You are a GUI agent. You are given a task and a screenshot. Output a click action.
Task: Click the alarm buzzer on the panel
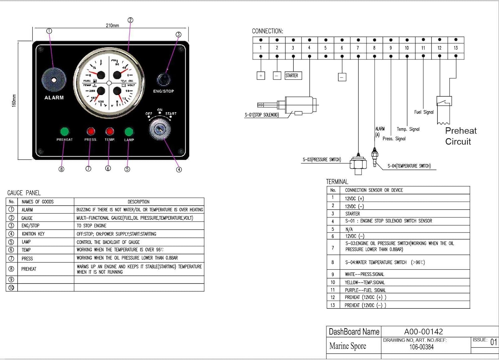coord(54,80)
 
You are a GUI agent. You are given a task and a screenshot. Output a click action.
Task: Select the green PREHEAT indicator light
coord(65,131)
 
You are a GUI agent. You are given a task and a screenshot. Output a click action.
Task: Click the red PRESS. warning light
coord(91,131)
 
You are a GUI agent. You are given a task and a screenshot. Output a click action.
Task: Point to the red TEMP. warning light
coord(109,131)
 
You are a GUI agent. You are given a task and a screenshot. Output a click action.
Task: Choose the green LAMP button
coord(129,132)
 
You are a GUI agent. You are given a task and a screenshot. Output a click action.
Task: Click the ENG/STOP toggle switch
coord(164,79)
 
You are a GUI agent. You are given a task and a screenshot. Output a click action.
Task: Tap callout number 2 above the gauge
coord(130,20)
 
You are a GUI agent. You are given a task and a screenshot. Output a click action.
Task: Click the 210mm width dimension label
coord(112,26)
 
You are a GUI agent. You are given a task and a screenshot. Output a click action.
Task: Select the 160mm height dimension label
coord(14,101)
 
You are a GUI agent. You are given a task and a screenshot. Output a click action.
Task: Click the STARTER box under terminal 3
coord(293,76)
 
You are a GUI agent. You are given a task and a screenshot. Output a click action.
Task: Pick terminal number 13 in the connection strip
coord(456,48)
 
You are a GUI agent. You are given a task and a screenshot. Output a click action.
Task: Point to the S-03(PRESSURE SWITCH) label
coord(322,160)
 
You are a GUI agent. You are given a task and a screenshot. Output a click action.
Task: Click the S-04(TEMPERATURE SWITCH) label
coord(409,166)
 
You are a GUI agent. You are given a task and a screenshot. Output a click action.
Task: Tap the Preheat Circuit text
coord(460,136)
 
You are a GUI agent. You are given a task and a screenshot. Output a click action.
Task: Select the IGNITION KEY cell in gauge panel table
coord(33,234)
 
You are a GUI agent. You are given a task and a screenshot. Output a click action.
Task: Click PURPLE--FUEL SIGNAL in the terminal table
coord(365,290)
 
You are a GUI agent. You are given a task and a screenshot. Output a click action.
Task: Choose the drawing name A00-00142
coord(423,331)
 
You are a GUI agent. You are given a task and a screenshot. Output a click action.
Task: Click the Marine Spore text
coord(348,346)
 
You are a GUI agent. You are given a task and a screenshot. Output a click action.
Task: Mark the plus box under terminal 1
coord(261,76)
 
